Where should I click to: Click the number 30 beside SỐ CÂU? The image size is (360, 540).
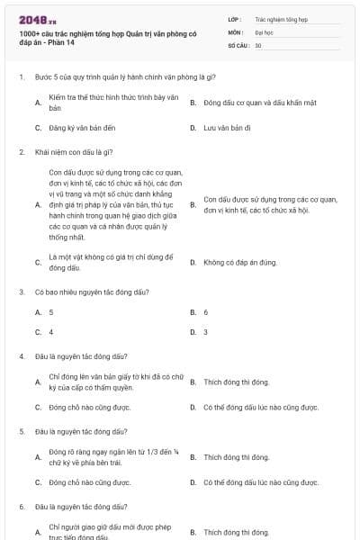click(x=258, y=44)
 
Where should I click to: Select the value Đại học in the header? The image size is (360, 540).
click(x=263, y=31)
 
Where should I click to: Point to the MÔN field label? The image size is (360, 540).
click(x=235, y=31)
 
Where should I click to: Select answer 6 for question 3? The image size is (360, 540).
click(x=206, y=312)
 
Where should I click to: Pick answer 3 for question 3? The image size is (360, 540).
click(x=206, y=332)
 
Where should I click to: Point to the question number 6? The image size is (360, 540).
click(x=21, y=507)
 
